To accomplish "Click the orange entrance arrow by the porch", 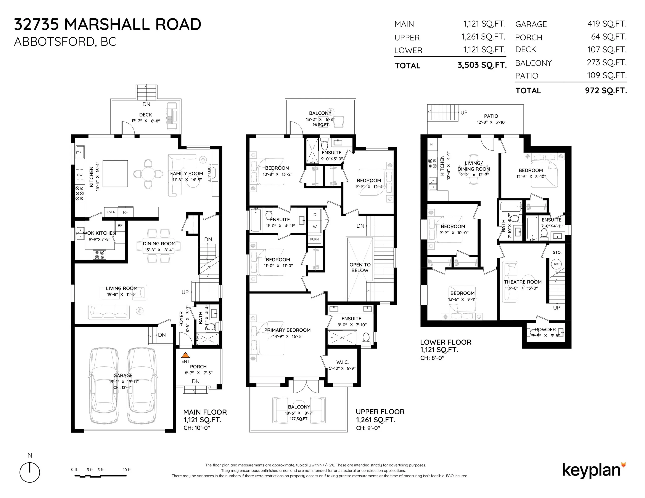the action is (185, 355).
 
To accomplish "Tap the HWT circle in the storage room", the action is (556, 264).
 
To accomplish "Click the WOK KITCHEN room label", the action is (99, 233).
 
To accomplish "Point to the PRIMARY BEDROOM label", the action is (287, 330).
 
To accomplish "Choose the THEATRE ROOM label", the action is (523, 282).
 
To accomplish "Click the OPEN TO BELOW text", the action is (360, 268).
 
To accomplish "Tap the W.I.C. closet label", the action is (343, 362).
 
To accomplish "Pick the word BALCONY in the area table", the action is (533, 63).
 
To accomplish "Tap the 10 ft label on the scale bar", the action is (127, 470).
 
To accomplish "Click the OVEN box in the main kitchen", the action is (111, 212).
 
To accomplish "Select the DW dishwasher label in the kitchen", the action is (80, 175).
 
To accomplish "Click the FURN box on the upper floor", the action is (315, 239).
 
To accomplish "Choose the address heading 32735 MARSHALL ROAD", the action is (108, 24).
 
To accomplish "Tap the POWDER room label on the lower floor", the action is (545, 330).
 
